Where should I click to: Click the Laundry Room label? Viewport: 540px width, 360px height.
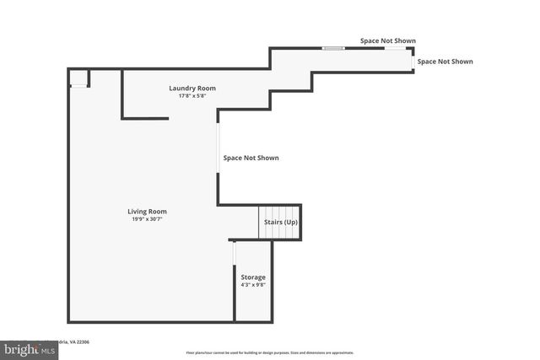pos(192,88)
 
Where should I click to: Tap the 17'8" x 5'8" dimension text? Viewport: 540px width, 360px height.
pos(192,96)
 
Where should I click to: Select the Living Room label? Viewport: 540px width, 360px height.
pos(147,211)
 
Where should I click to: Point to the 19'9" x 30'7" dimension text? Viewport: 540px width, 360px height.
pos(147,219)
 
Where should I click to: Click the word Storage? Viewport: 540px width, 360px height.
pos(253,277)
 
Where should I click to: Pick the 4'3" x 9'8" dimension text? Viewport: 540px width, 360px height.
pos(253,285)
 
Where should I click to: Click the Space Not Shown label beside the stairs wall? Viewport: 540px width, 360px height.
pos(251,158)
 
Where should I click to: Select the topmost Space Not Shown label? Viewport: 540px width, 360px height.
pos(388,40)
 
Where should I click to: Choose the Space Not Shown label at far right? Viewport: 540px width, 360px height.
pos(445,61)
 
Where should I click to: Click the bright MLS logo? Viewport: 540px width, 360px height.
pos(24,348)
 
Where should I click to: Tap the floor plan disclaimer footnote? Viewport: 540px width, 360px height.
pos(270,352)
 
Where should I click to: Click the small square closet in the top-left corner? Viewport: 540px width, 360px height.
pos(78,78)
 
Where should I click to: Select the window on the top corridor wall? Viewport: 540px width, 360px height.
pos(333,48)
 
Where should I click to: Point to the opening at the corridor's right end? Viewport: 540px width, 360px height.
pos(413,59)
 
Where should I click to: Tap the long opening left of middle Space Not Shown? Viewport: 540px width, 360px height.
pos(218,148)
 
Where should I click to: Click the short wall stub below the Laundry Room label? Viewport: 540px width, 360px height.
pos(145,118)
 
